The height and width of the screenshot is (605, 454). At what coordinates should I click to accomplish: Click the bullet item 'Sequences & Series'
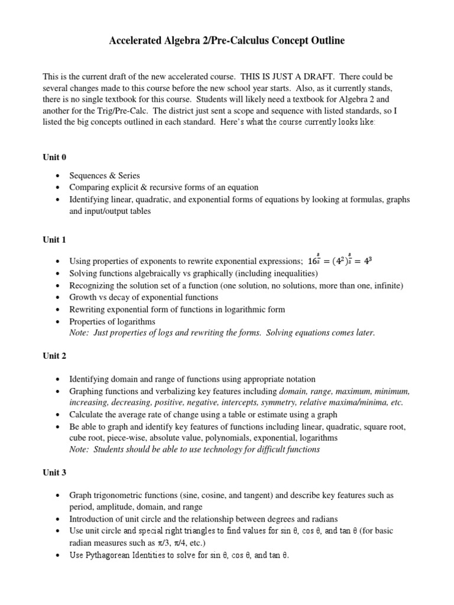105,175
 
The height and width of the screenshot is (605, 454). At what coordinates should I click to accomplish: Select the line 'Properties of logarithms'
112,321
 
